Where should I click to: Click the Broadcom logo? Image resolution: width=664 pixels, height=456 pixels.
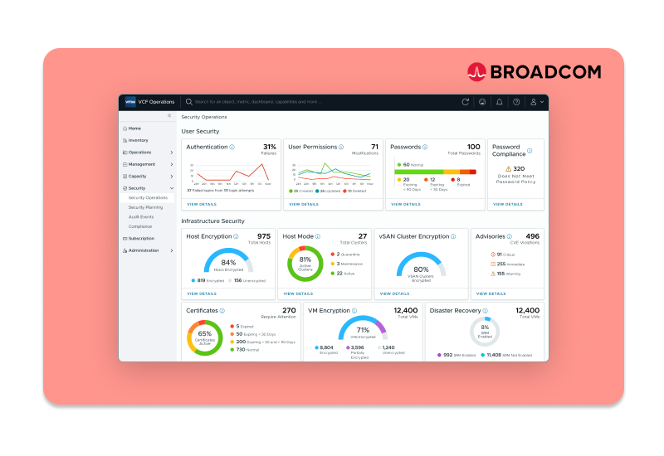coord(533,72)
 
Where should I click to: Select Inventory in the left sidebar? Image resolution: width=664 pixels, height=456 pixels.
coord(138,140)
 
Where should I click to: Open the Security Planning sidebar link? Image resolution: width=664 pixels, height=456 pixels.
coord(145,207)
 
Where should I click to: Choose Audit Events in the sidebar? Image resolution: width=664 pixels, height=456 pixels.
coord(140,216)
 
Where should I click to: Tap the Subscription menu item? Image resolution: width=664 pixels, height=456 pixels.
coord(141,238)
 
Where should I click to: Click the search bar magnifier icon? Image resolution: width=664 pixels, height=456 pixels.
coord(189,102)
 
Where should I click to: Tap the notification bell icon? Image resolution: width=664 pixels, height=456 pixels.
coord(499,102)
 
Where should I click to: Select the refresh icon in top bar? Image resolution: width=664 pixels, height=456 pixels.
coord(466,102)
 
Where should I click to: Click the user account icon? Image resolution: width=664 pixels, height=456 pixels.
coord(535,102)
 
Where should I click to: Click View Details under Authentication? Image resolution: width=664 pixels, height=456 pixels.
coord(202,203)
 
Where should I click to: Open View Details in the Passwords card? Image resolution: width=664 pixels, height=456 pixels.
coord(406,203)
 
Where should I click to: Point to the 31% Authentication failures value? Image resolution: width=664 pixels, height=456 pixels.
coord(269,146)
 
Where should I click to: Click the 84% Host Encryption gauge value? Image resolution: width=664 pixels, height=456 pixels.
coord(228,262)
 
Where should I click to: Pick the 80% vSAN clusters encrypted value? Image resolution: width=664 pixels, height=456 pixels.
coord(421,269)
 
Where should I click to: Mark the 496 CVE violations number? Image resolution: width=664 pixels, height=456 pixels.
coord(532,236)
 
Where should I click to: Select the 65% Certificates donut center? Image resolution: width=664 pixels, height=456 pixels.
coord(205,333)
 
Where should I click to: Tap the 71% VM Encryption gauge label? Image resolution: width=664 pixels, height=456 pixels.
coord(362,330)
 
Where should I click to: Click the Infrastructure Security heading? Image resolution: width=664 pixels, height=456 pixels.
coord(212,221)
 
